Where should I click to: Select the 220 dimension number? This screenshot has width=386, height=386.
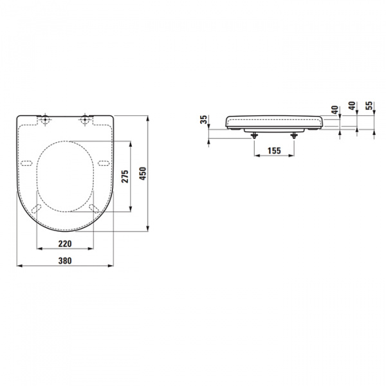65,243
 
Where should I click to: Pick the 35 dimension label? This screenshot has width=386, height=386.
203,120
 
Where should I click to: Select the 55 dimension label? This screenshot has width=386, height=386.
369,107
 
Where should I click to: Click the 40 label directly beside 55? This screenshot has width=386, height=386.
351,107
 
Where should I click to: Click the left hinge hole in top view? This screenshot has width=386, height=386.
46,120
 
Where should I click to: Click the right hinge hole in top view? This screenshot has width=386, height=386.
85,120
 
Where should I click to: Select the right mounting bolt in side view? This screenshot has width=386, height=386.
295,135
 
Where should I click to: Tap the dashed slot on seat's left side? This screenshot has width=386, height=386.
28,161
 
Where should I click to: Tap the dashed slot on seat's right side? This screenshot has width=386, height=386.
104,161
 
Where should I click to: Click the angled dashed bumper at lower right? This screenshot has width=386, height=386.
94,207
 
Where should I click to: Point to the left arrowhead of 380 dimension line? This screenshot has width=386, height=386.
18,265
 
